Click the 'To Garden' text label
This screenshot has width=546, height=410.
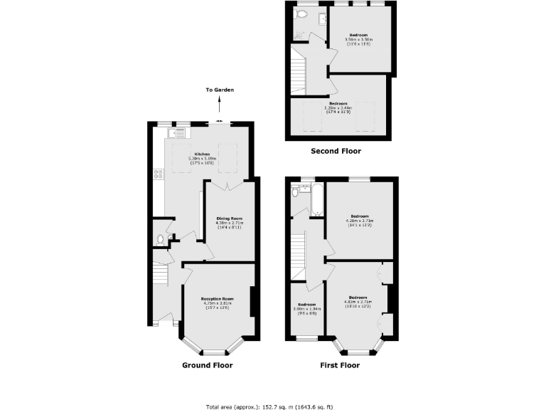click(x=220, y=90)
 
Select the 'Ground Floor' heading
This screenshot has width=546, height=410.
click(x=206, y=365)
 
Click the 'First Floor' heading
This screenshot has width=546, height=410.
click(x=339, y=365)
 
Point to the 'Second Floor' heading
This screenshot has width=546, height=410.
click(x=336, y=151)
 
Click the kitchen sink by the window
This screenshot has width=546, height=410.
click(x=179, y=132)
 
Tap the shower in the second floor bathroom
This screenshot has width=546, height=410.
click(x=299, y=32)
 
